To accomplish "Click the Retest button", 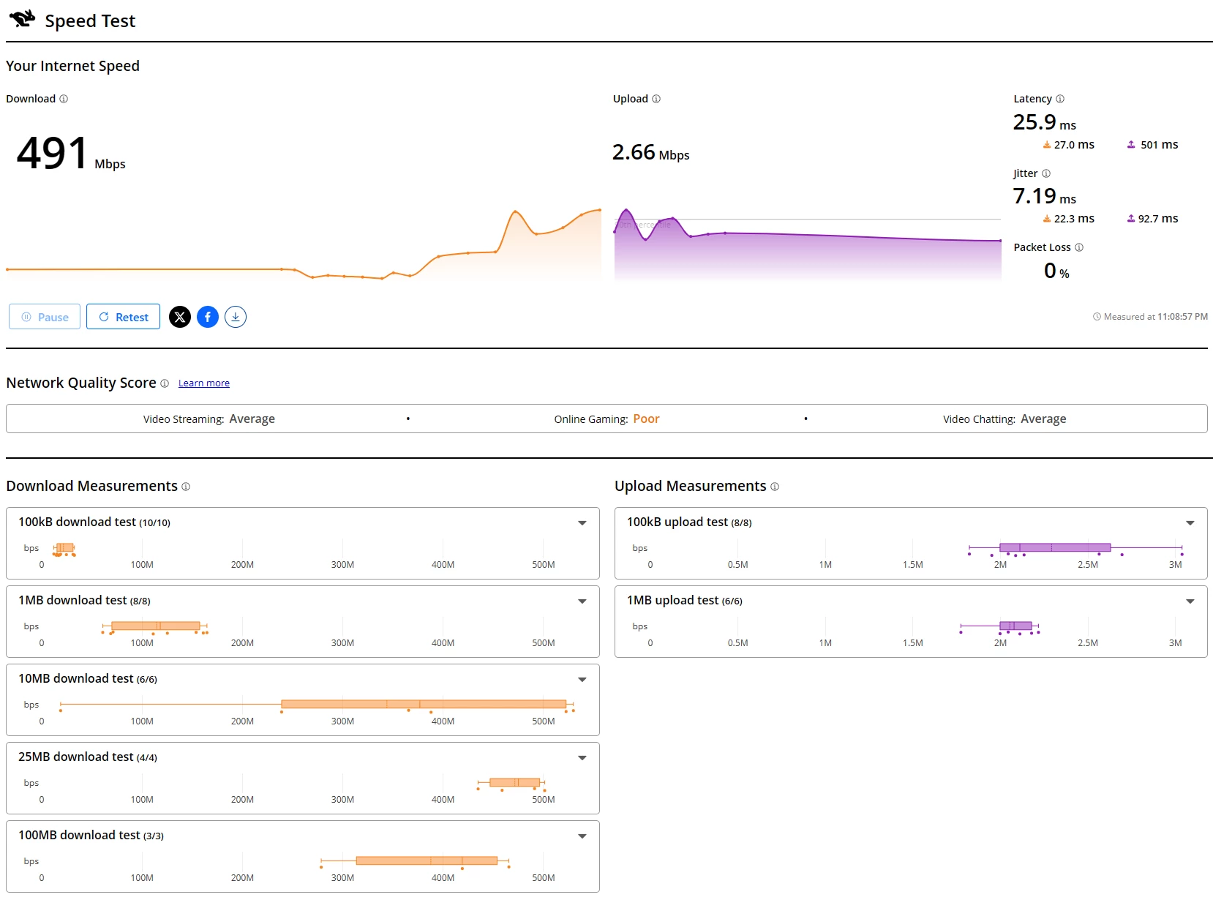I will tap(123, 317).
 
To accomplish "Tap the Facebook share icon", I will tap(208, 317).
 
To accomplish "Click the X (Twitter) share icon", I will tap(180, 317).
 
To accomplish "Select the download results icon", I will tap(236, 317).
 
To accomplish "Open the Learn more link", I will tap(203, 383).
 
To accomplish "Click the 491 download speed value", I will tap(53, 154).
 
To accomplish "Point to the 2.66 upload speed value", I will tap(634, 152).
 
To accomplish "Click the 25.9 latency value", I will tap(1034, 122).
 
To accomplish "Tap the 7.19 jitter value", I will tap(1034, 196).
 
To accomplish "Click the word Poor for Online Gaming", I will tap(646, 419).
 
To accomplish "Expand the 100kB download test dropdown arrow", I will tap(582, 522).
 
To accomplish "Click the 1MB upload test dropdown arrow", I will tap(1190, 601).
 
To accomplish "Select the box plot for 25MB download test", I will tap(514, 782).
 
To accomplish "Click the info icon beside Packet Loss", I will tap(1079, 247).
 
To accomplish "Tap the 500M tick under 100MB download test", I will tap(543, 878).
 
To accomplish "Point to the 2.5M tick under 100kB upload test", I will tap(1087, 565).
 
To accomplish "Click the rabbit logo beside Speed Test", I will tap(22, 19).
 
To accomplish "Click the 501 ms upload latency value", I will tap(1159, 145).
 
